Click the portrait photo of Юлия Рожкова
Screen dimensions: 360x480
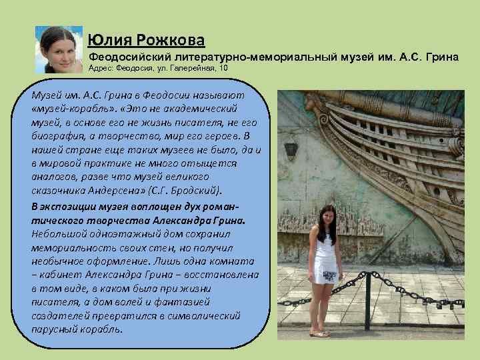[x=59, y=49]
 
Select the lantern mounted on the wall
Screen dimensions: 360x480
[x=291, y=147]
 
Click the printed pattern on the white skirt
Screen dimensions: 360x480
[x=329, y=275]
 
